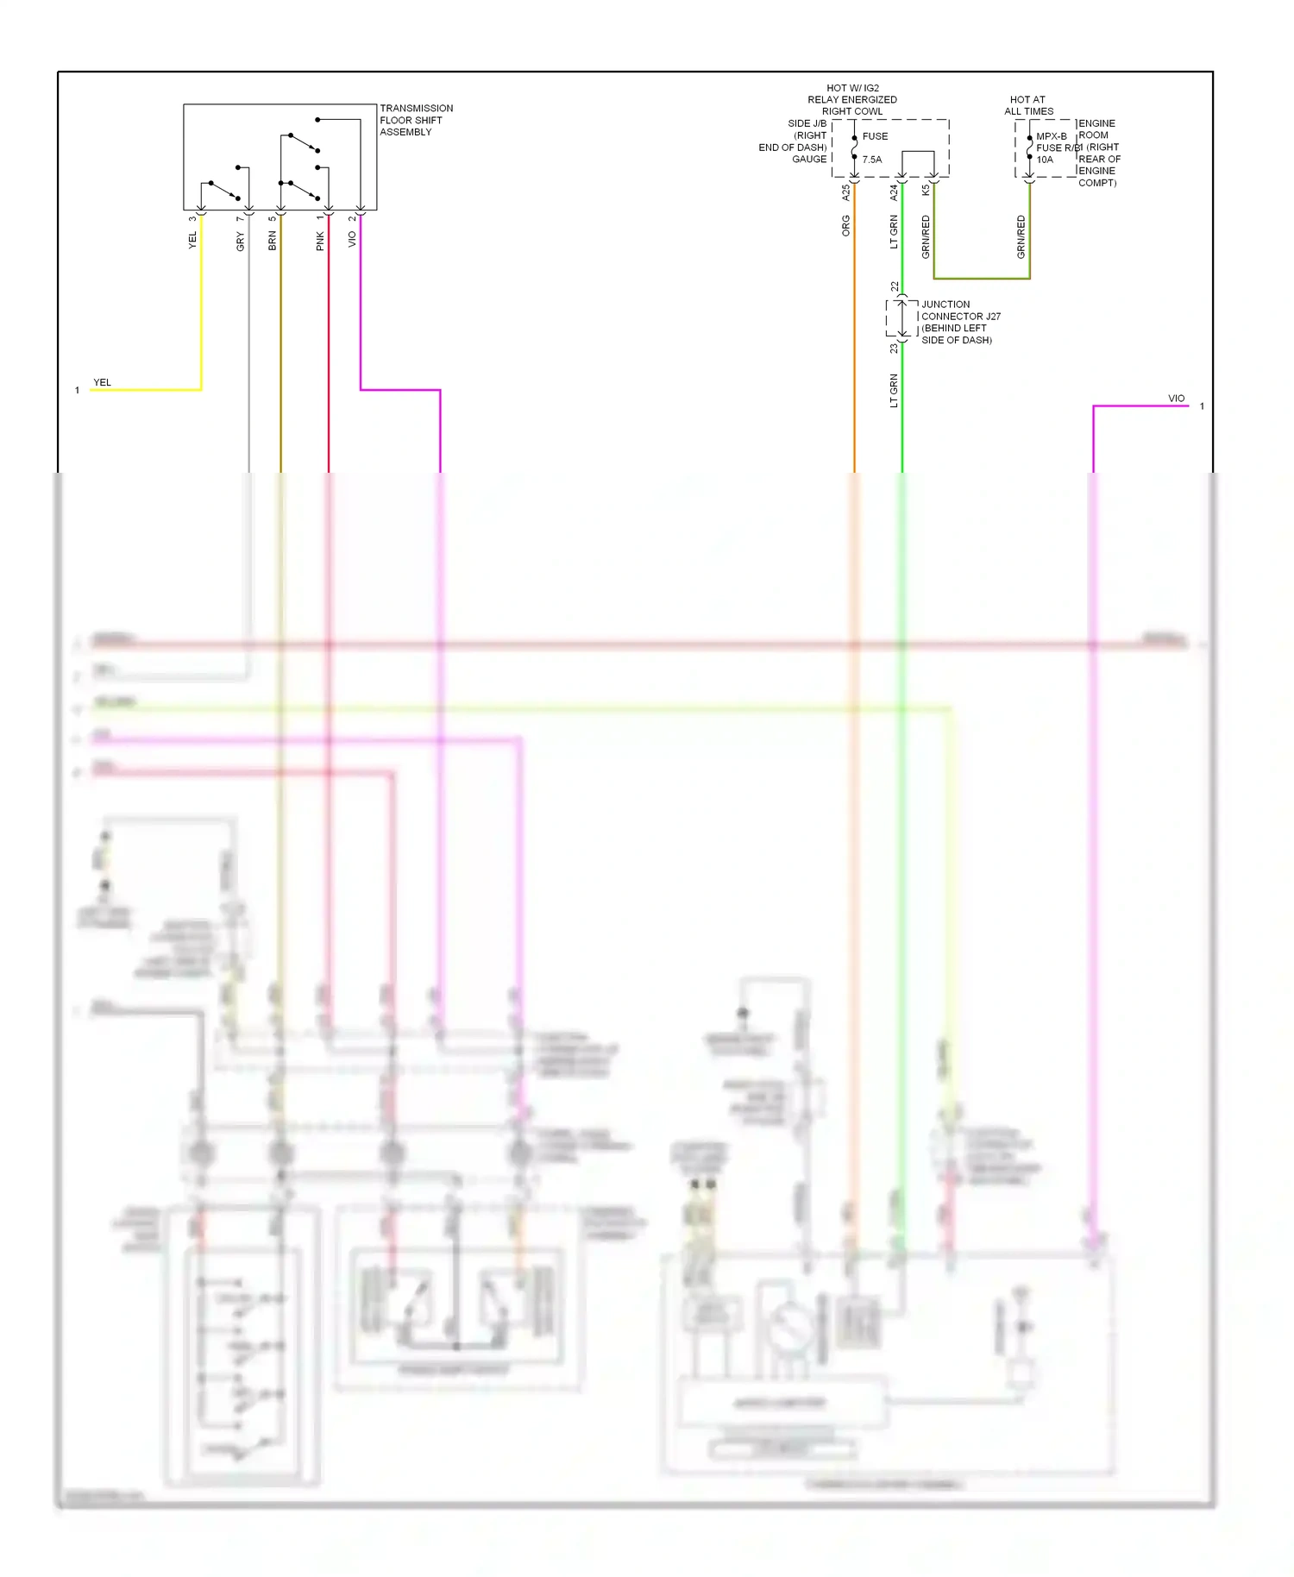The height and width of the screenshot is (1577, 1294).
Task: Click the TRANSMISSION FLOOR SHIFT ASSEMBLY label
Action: point(415,120)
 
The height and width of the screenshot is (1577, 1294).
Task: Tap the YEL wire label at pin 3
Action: point(192,241)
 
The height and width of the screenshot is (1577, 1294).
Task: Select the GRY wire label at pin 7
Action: point(240,242)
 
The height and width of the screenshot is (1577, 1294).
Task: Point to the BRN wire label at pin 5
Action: point(272,242)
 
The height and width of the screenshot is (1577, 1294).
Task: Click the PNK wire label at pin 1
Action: point(320,242)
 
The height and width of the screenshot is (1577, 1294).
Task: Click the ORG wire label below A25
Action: point(845,226)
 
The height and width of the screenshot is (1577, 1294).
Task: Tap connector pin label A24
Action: point(894,193)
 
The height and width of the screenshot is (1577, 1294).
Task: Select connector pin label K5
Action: point(926,190)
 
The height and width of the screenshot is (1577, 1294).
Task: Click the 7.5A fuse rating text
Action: point(871,160)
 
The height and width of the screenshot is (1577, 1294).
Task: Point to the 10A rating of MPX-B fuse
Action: point(1044,160)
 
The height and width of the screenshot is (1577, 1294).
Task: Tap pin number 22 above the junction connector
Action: point(895,286)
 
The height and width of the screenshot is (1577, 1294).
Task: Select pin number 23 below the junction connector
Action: point(894,349)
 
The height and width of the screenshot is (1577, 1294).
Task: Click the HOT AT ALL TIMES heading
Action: point(1028,105)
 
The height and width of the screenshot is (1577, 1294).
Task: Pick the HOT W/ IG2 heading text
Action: point(852,88)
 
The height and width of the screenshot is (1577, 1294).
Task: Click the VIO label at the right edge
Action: point(1176,398)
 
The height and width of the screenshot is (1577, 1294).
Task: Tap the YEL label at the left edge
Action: point(102,382)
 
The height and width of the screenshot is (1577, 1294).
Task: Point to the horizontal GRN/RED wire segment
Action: point(982,279)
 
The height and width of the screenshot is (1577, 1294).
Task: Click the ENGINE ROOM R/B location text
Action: point(1097,153)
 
